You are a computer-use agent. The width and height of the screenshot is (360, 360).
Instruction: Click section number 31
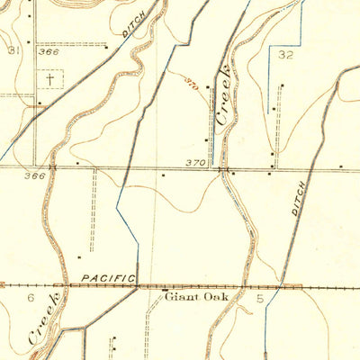(13, 51)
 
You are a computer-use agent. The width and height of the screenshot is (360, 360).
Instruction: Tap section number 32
(287, 55)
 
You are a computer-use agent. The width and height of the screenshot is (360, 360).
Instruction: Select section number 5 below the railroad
(260, 296)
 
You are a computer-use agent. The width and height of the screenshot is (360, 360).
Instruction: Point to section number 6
(30, 296)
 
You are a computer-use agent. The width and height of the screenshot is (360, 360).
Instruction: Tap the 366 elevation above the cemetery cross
(49, 52)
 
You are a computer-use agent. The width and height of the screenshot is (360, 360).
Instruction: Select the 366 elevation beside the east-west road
(34, 175)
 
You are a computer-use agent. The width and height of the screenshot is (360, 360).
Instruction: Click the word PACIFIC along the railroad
(106, 280)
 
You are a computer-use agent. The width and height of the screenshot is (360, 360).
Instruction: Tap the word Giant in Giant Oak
(177, 295)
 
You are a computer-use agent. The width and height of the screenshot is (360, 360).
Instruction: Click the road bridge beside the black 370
(224, 167)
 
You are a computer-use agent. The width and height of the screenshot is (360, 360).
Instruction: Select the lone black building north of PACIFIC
(163, 175)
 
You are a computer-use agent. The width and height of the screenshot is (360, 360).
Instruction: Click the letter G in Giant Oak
(166, 295)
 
